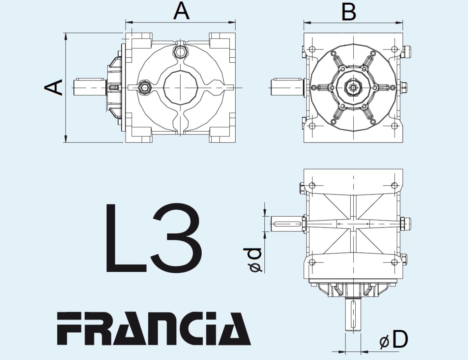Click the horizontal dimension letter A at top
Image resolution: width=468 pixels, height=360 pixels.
tap(181, 12)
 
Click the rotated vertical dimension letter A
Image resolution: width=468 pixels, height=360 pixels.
tap(53, 88)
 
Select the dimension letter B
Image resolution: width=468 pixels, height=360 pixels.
tap(349, 12)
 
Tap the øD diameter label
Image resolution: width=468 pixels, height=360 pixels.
tap(394, 340)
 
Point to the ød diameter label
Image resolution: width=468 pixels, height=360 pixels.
tap(252, 260)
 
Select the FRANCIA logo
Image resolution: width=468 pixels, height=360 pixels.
tap(154, 328)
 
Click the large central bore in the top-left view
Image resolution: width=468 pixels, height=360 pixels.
tap(181, 88)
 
